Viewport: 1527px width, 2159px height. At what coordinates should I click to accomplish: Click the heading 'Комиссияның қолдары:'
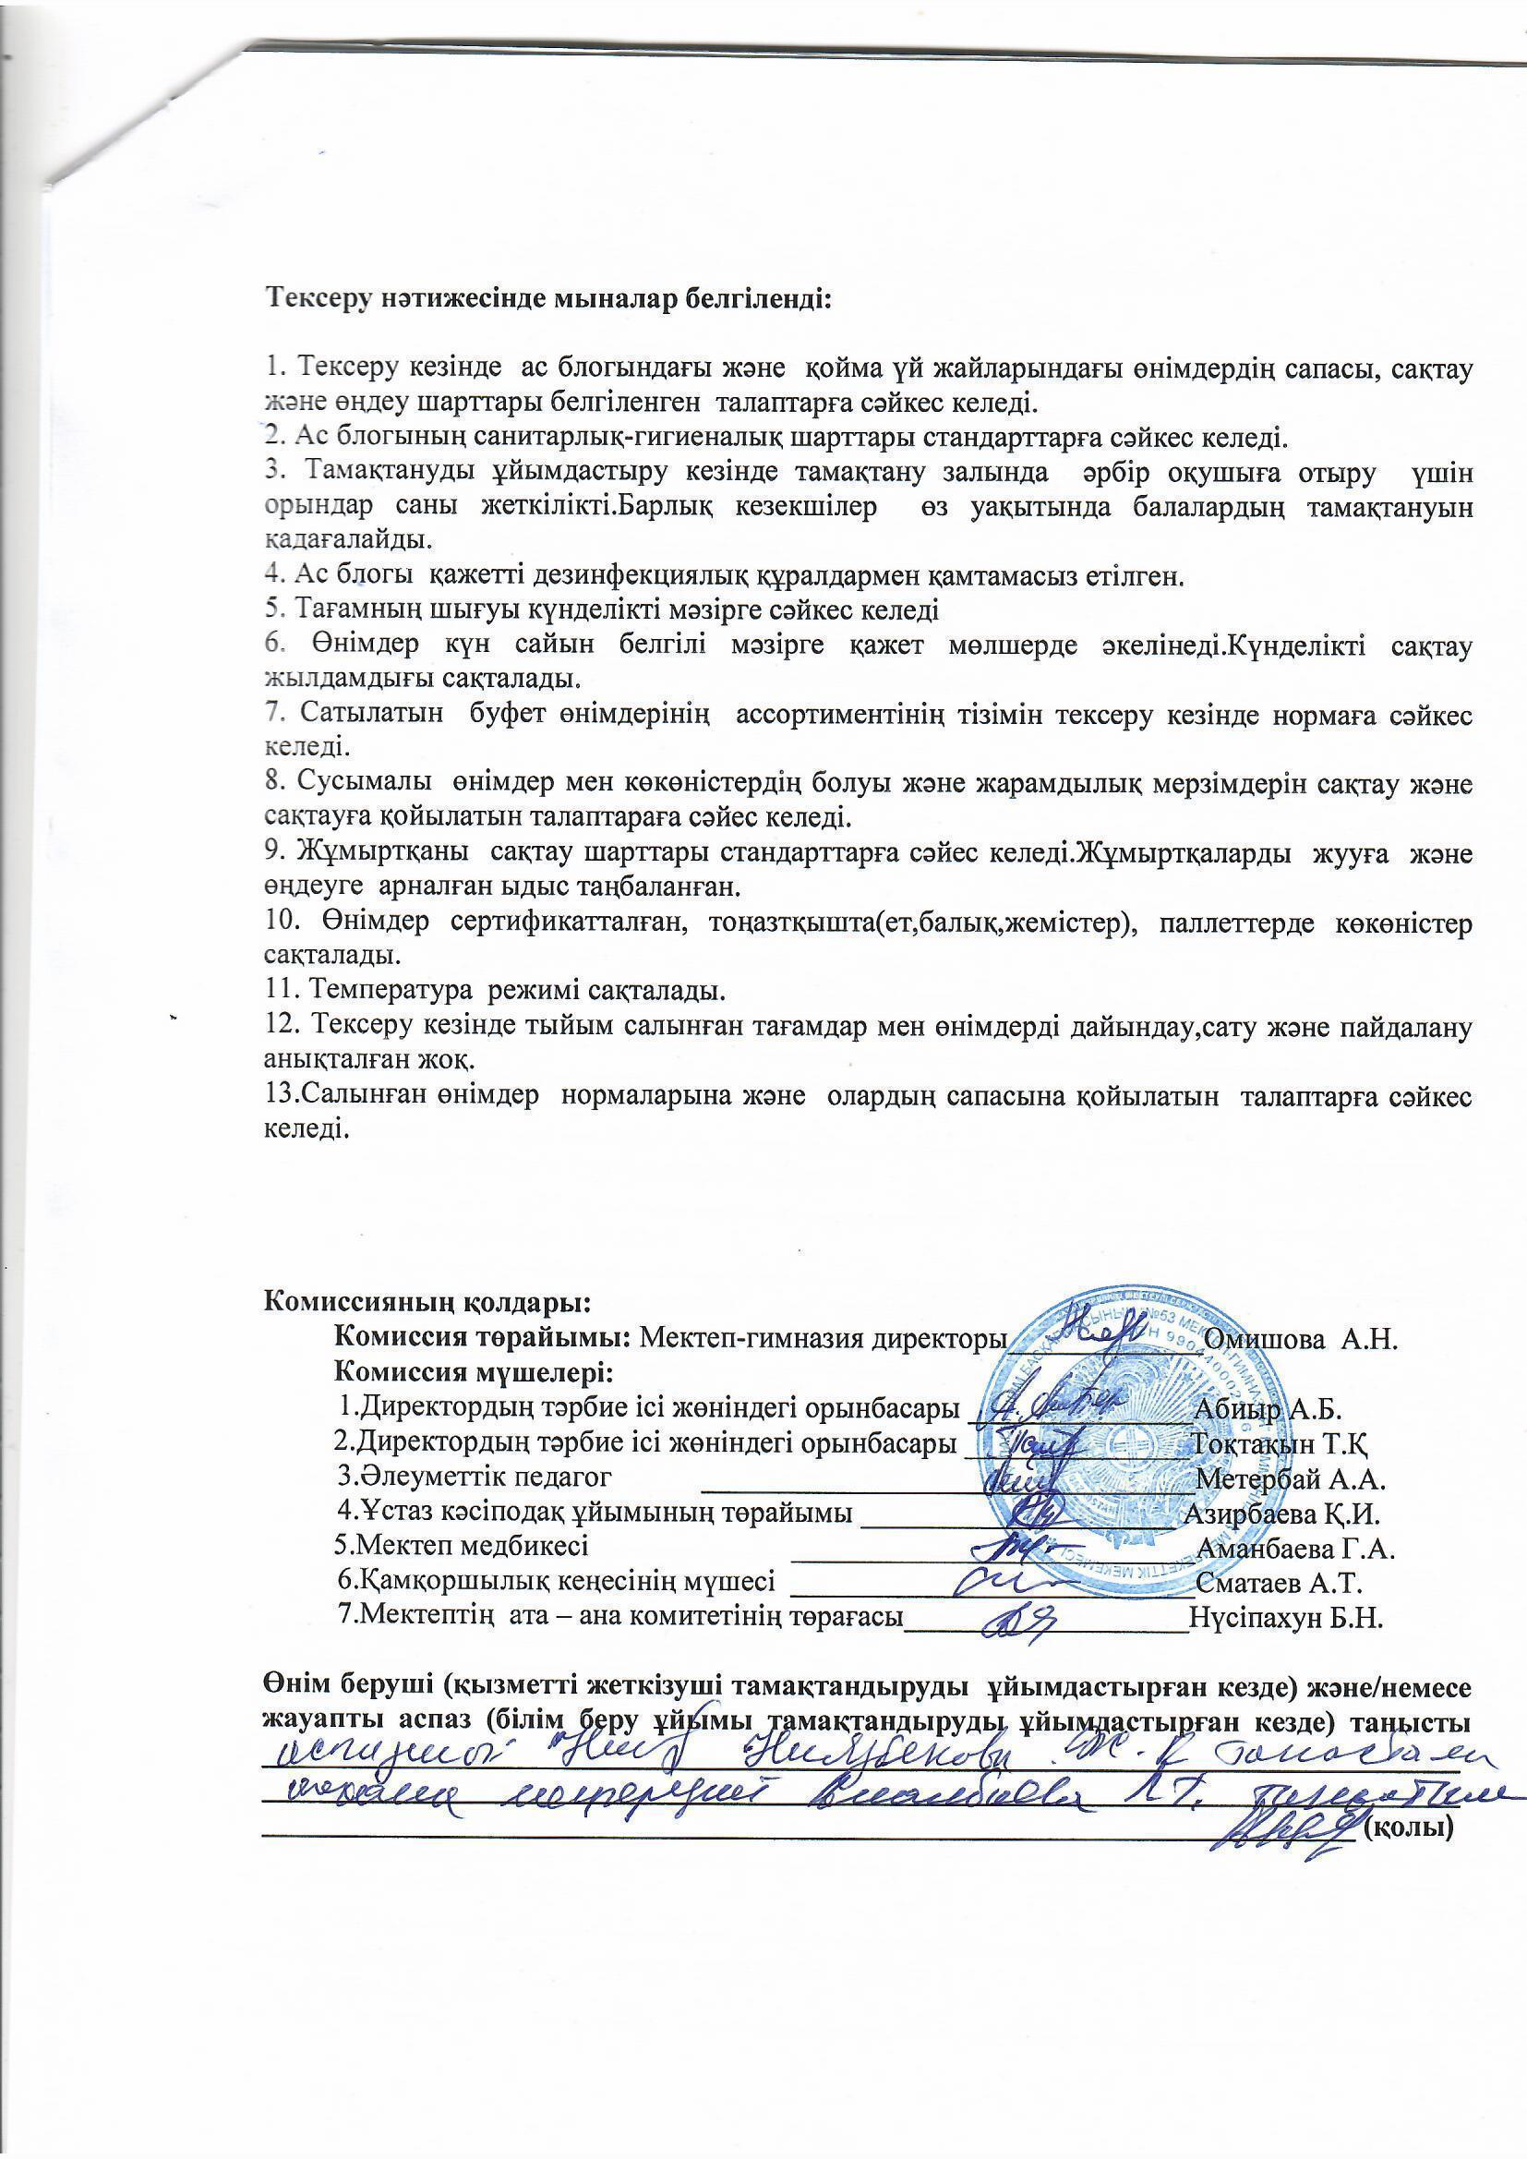(427, 1303)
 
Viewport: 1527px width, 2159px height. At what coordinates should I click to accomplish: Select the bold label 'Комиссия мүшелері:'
(474, 1373)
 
